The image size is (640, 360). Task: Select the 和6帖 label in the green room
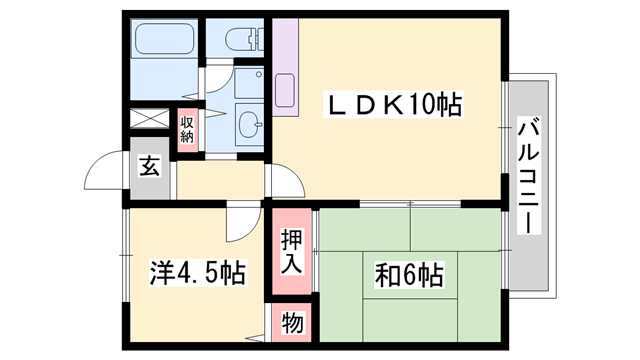click(x=411, y=272)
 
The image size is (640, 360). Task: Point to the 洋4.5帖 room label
click(x=197, y=272)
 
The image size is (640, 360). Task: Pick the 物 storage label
click(x=291, y=324)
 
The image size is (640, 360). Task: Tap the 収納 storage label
click(x=187, y=127)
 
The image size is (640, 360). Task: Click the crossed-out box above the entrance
click(x=150, y=118)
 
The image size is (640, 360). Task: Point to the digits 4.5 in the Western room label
click(x=198, y=272)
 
